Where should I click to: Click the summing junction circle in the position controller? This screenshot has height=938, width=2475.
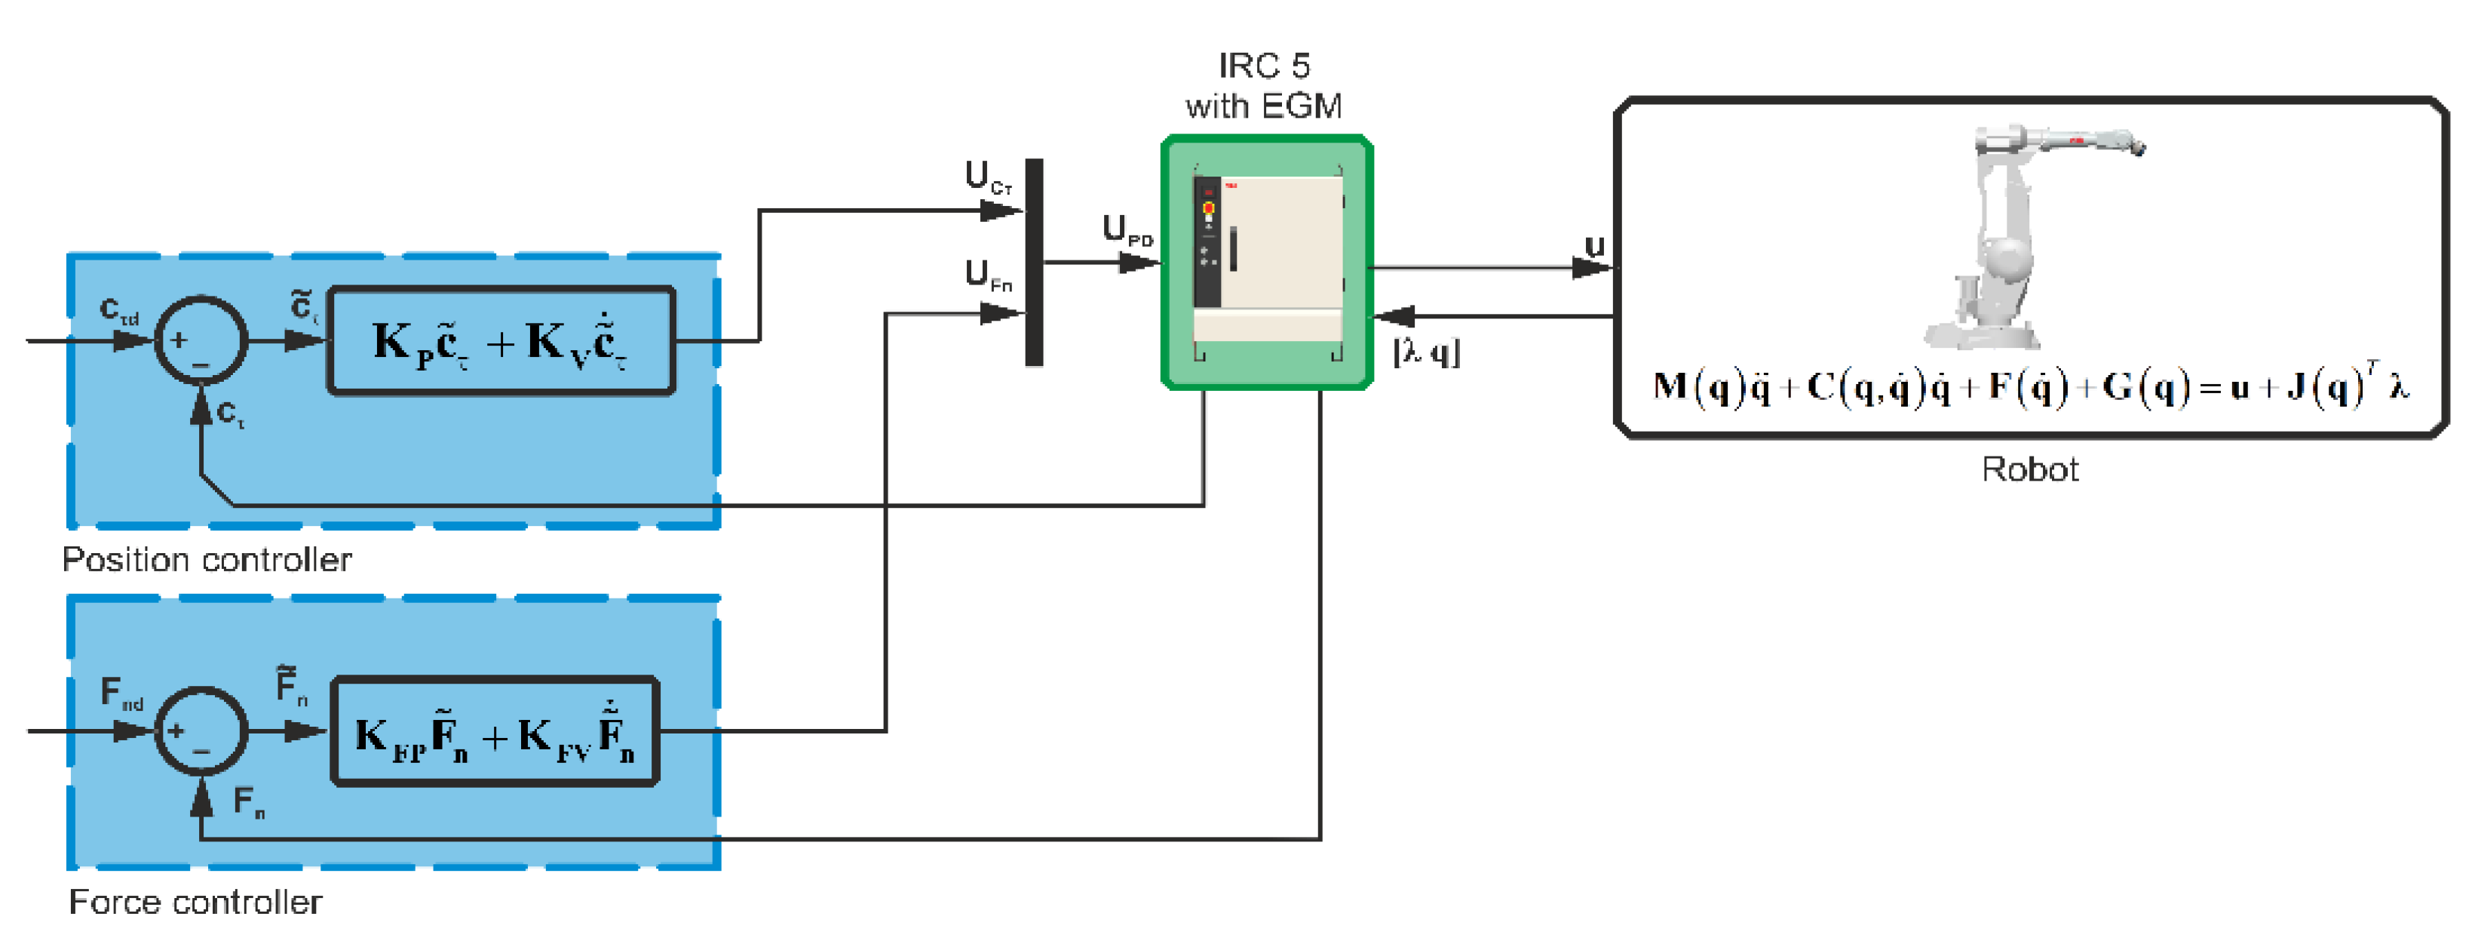pos(201,340)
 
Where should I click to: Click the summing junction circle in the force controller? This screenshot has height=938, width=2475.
pos(201,731)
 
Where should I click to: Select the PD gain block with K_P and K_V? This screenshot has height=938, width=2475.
pos(501,340)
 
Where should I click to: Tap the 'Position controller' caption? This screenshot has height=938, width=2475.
pos(207,559)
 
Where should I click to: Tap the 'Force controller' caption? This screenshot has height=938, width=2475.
pos(195,902)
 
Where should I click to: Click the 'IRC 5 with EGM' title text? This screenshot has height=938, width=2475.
pos(1263,85)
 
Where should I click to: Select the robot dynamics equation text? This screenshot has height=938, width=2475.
pos(2030,386)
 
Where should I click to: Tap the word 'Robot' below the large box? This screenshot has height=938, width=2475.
pos(2029,469)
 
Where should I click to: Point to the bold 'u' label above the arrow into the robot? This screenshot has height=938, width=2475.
pos(1594,246)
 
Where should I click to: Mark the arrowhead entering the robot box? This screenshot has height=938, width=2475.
pos(1595,268)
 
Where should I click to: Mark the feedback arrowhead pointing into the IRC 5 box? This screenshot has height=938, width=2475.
pos(1393,315)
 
